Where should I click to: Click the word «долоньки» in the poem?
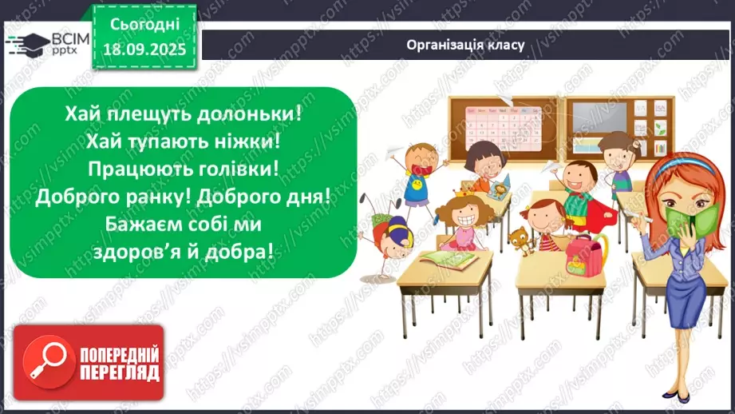click(x=251, y=113)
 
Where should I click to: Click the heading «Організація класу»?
click(x=464, y=45)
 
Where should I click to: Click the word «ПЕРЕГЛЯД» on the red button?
click(x=119, y=372)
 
